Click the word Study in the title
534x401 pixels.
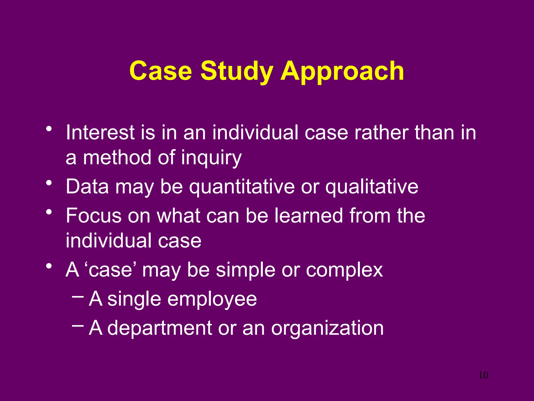[237, 71]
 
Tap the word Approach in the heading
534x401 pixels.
[342, 71]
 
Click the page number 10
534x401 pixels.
[483, 375]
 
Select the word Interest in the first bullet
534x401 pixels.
[100, 132]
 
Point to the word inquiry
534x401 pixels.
[211, 158]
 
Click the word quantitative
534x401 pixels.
[242, 187]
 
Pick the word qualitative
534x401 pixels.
[372, 187]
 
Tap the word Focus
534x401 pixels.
[94, 216]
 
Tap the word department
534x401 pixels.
[160, 328]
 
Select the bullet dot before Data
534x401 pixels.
[48, 183]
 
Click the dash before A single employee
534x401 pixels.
[77, 297]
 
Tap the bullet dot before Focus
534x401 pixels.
[48, 212]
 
